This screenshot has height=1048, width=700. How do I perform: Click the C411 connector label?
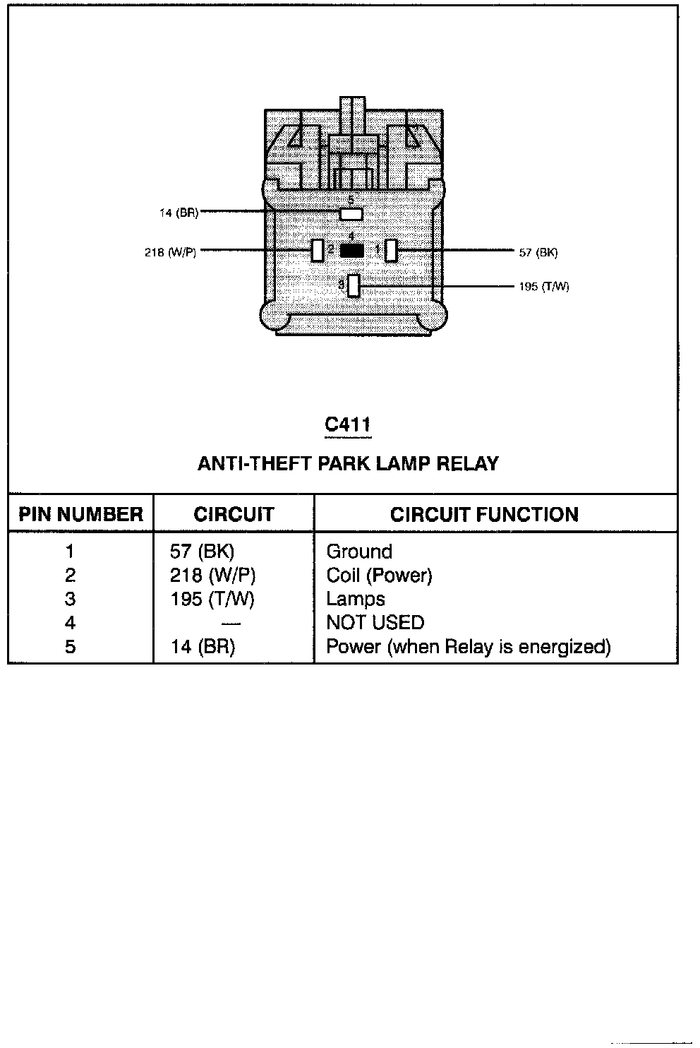pos(347,424)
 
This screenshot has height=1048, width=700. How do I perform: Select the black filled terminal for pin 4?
pos(352,250)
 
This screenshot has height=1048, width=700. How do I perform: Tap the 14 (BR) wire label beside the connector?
pos(179,213)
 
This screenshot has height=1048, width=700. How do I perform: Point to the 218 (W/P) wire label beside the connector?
pos(170,251)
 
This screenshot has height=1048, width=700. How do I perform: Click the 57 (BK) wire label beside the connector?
pos(538,252)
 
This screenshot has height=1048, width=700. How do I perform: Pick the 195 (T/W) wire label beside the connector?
pos(543,287)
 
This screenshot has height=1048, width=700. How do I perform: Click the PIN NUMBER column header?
pos(80,514)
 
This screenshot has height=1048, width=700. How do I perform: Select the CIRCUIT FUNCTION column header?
pos(484,514)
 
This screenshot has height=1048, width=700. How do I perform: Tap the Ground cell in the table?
pos(358,552)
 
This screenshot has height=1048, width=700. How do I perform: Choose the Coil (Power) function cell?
pos(379,576)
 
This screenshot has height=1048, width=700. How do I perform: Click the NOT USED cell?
pos(375,623)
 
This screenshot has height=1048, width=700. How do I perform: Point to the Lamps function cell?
pos(355,600)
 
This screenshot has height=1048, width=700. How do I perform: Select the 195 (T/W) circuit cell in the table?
pos(212,600)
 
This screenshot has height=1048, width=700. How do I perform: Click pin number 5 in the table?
pos(70,647)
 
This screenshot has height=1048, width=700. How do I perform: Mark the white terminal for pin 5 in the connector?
pos(351,213)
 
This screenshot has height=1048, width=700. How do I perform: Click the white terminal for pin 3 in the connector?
pos(354,285)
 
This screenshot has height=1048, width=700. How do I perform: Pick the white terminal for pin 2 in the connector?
pos(318,250)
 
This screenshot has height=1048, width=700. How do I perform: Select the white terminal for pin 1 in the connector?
pos(390,250)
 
